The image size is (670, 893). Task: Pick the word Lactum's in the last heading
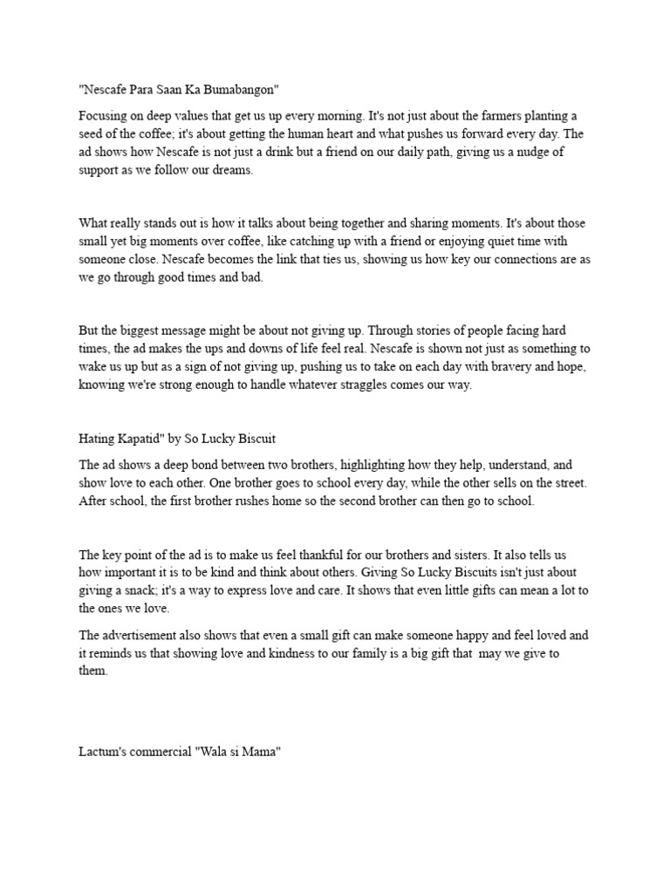click(103, 751)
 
